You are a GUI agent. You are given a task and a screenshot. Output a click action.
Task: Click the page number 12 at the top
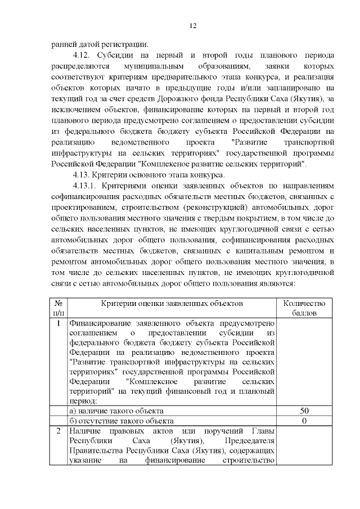tap(192, 26)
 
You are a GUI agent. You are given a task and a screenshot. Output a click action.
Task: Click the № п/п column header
tap(58, 308)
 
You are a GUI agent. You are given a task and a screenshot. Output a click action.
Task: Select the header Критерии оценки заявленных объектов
tap(172, 303)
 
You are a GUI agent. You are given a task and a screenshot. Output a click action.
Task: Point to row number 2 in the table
tap(58, 431)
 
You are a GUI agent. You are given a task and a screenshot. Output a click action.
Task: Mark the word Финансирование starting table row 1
tap(99, 324)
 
